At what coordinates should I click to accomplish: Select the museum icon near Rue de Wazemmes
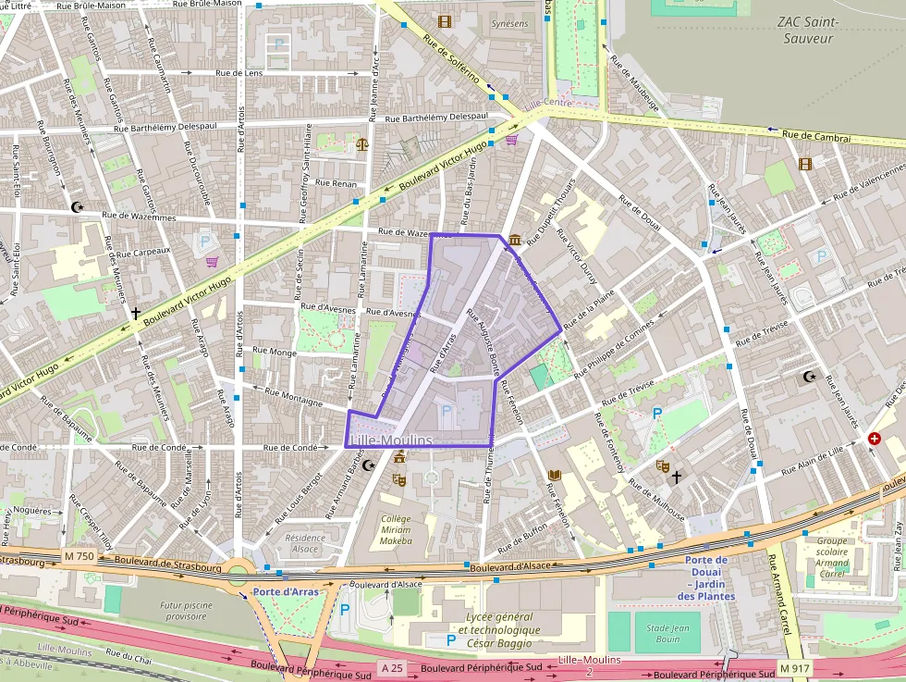tap(514, 241)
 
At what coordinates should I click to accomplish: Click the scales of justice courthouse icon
tap(361, 143)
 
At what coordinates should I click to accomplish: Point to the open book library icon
tap(555, 476)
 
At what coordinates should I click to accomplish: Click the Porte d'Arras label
tap(280, 591)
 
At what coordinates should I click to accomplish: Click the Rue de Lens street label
tap(239, 72)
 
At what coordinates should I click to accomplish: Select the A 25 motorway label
tap(392, 668)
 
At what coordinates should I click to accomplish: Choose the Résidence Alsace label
tap(305, 543)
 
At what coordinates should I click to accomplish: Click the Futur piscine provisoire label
tap(185, 610)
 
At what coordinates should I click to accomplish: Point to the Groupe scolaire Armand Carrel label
tap(832, 557)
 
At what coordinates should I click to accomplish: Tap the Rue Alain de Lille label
tap(813, 459)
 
